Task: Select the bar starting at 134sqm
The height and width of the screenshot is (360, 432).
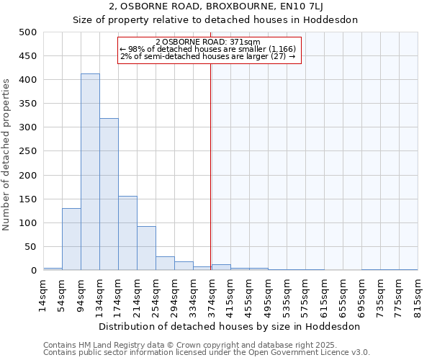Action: tap(109, 194)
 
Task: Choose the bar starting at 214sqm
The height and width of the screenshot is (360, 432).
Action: tap(146, 248)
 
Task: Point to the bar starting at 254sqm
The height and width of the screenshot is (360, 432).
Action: tap(165, 264)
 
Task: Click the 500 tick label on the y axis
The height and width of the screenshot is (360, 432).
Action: tap(28, 32)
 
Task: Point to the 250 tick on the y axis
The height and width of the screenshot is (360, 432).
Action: tap(28, 151)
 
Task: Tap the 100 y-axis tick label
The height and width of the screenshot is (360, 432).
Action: tap(28, 223)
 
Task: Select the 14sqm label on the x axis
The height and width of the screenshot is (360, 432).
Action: tap(44, 295)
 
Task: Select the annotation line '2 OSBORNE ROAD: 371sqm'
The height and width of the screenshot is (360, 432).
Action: tap(207, 42)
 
